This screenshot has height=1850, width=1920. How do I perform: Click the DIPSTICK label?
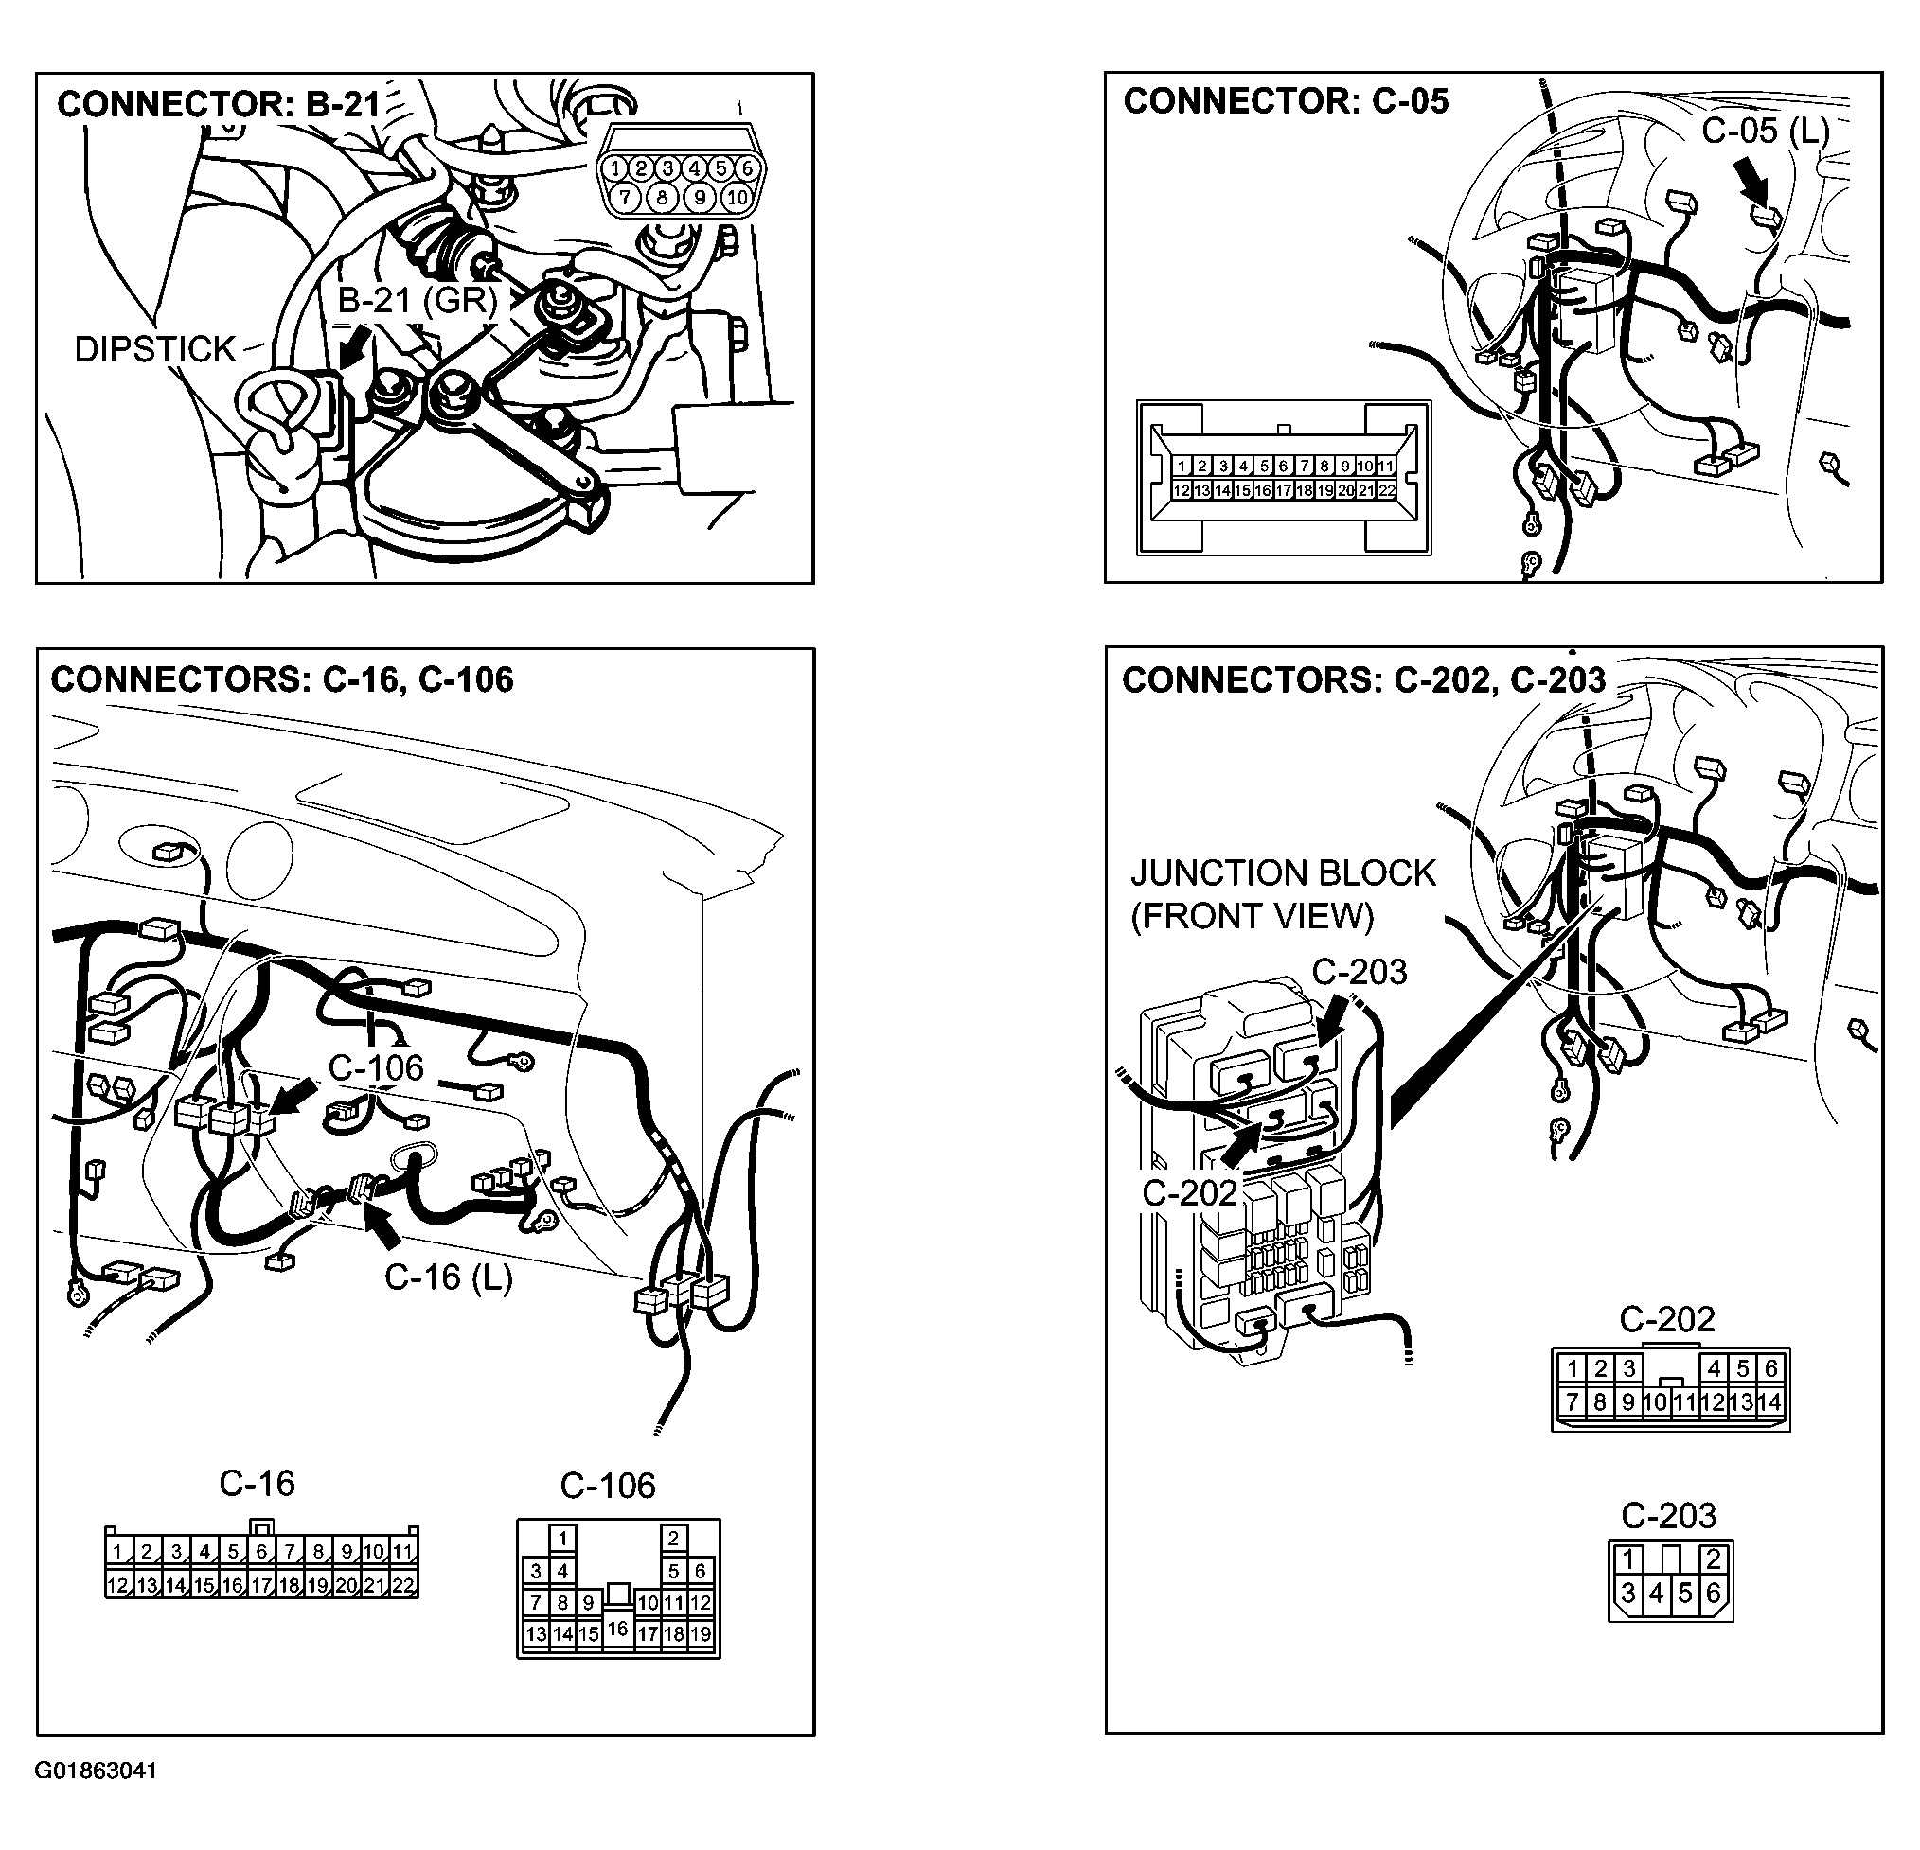pyautogui.click(x=154, y=349)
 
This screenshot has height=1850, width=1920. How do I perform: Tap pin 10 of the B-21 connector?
pyautogui.click(x=737, y=198)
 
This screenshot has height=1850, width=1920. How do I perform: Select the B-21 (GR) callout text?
pyautogui.click(x=418, y=300)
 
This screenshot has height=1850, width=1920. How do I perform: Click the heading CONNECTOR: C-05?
pyautogui.click(x=1286, y=101)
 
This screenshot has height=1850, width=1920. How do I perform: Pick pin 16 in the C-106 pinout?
pyautogui.click(x=617, y=1629)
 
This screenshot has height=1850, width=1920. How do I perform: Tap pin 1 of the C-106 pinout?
pyautogui.click(x=562, y=1539)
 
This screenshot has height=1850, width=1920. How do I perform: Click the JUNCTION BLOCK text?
pyautogui.click(x=1282, y=872)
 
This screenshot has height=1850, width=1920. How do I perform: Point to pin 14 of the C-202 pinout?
pyautogui.click(x=1769, y=1402)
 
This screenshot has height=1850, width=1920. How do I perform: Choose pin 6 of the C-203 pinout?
pyautogui.click(x=1714, y=1594)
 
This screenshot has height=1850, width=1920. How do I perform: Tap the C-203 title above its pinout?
pyautogui.click(x=1668, y=1516)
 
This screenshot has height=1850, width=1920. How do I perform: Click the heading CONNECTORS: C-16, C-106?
pyautogui.click(x=282, y=679)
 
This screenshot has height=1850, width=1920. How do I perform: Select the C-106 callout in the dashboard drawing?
pyautogui.click(x=375, y=1067)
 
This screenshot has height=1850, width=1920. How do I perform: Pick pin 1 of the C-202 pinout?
pyautogui.click(x=1573, y=1368)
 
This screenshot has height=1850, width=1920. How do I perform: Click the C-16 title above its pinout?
pyautogui.click(x=257, y=1484)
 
